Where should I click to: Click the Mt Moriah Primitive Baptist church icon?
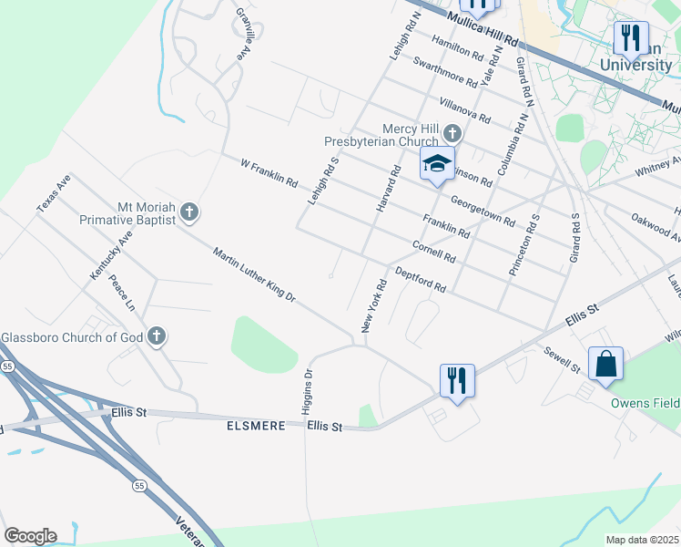189,212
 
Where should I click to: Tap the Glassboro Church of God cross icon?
157,336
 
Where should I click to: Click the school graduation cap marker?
437,166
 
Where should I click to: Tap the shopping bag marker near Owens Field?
605,365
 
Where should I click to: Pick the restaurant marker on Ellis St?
457,379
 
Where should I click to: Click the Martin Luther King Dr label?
254,274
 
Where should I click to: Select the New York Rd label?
374,306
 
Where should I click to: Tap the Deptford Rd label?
420,280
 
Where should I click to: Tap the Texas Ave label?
54,194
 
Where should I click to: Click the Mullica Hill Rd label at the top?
483,30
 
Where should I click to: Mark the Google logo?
29,536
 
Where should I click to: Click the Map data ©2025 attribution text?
642,540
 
